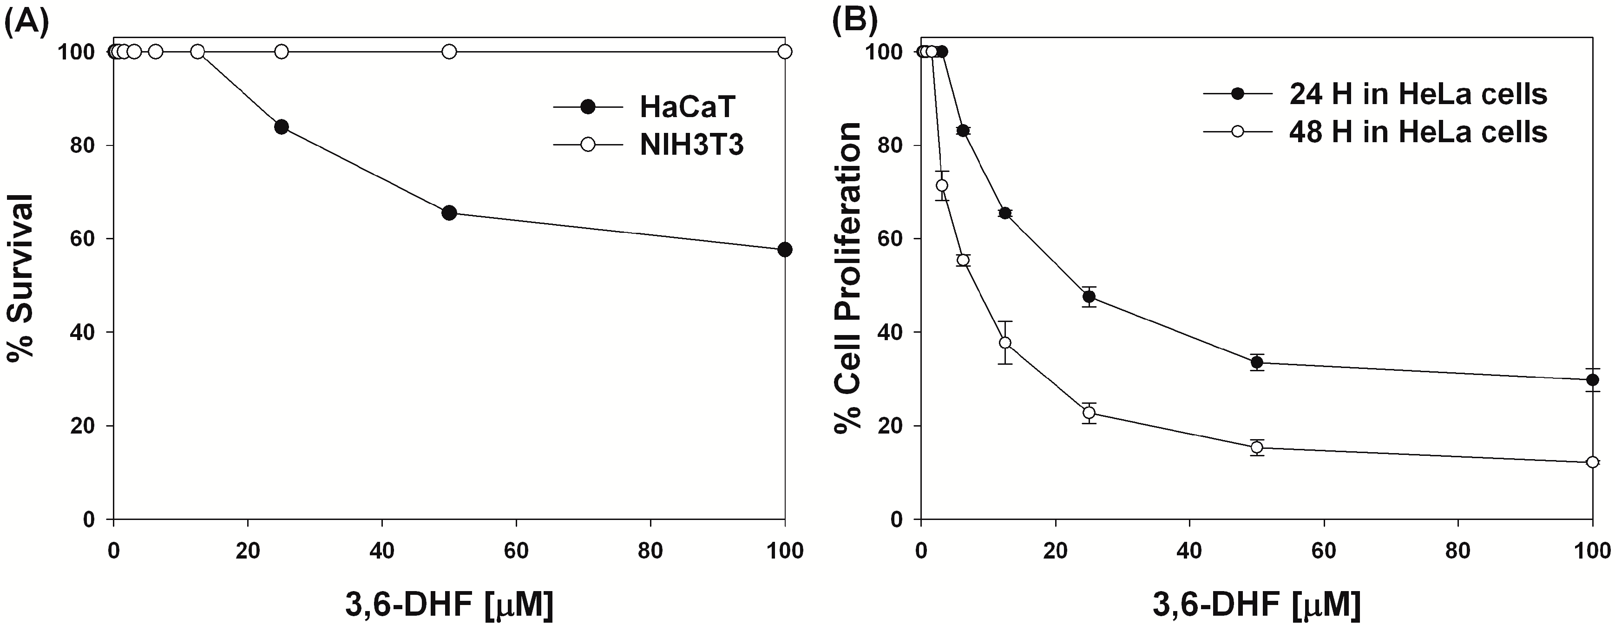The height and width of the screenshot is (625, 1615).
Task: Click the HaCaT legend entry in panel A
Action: click(687, 107)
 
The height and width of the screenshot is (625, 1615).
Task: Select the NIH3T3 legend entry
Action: click(691, 145)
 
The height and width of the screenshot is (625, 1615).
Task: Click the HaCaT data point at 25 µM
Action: click(282, 127)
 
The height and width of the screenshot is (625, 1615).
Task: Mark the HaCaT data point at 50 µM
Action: click(449, 212)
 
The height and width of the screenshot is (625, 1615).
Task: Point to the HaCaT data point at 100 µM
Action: click(784, 250)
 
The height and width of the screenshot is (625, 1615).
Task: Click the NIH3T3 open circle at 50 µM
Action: click(449, 52)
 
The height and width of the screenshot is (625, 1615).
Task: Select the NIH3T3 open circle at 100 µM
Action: click(784, 52)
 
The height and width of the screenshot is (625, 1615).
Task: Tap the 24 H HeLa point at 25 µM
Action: click(1089, 296)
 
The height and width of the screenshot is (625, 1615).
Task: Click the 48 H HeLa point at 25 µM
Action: click(1089, 413)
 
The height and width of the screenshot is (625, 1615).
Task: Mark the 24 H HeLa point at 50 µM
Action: click(1256, 362)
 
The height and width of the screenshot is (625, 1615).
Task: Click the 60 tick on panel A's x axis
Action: click(516, 552)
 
